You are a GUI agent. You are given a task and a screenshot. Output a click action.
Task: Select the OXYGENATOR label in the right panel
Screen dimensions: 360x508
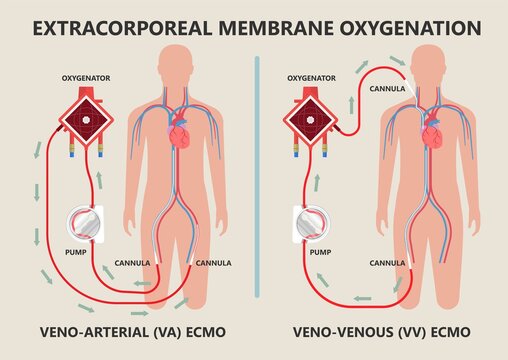click(311, 76)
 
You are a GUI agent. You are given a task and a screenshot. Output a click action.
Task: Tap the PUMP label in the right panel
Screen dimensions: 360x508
click(319, 255)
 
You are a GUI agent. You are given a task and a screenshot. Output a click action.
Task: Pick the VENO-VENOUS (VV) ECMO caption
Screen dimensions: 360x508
click(380, 330)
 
